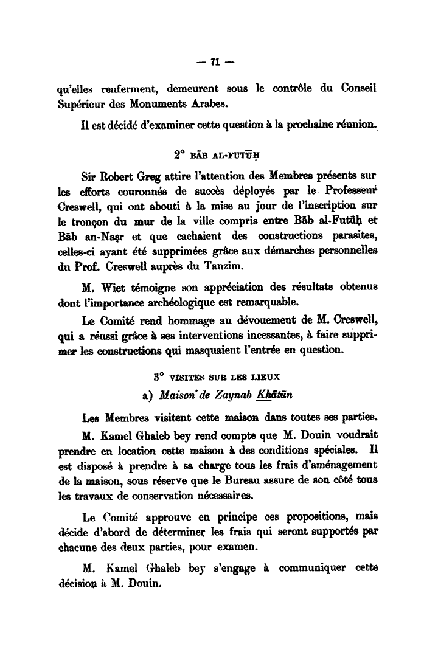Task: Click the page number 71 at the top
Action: [217, 61]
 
